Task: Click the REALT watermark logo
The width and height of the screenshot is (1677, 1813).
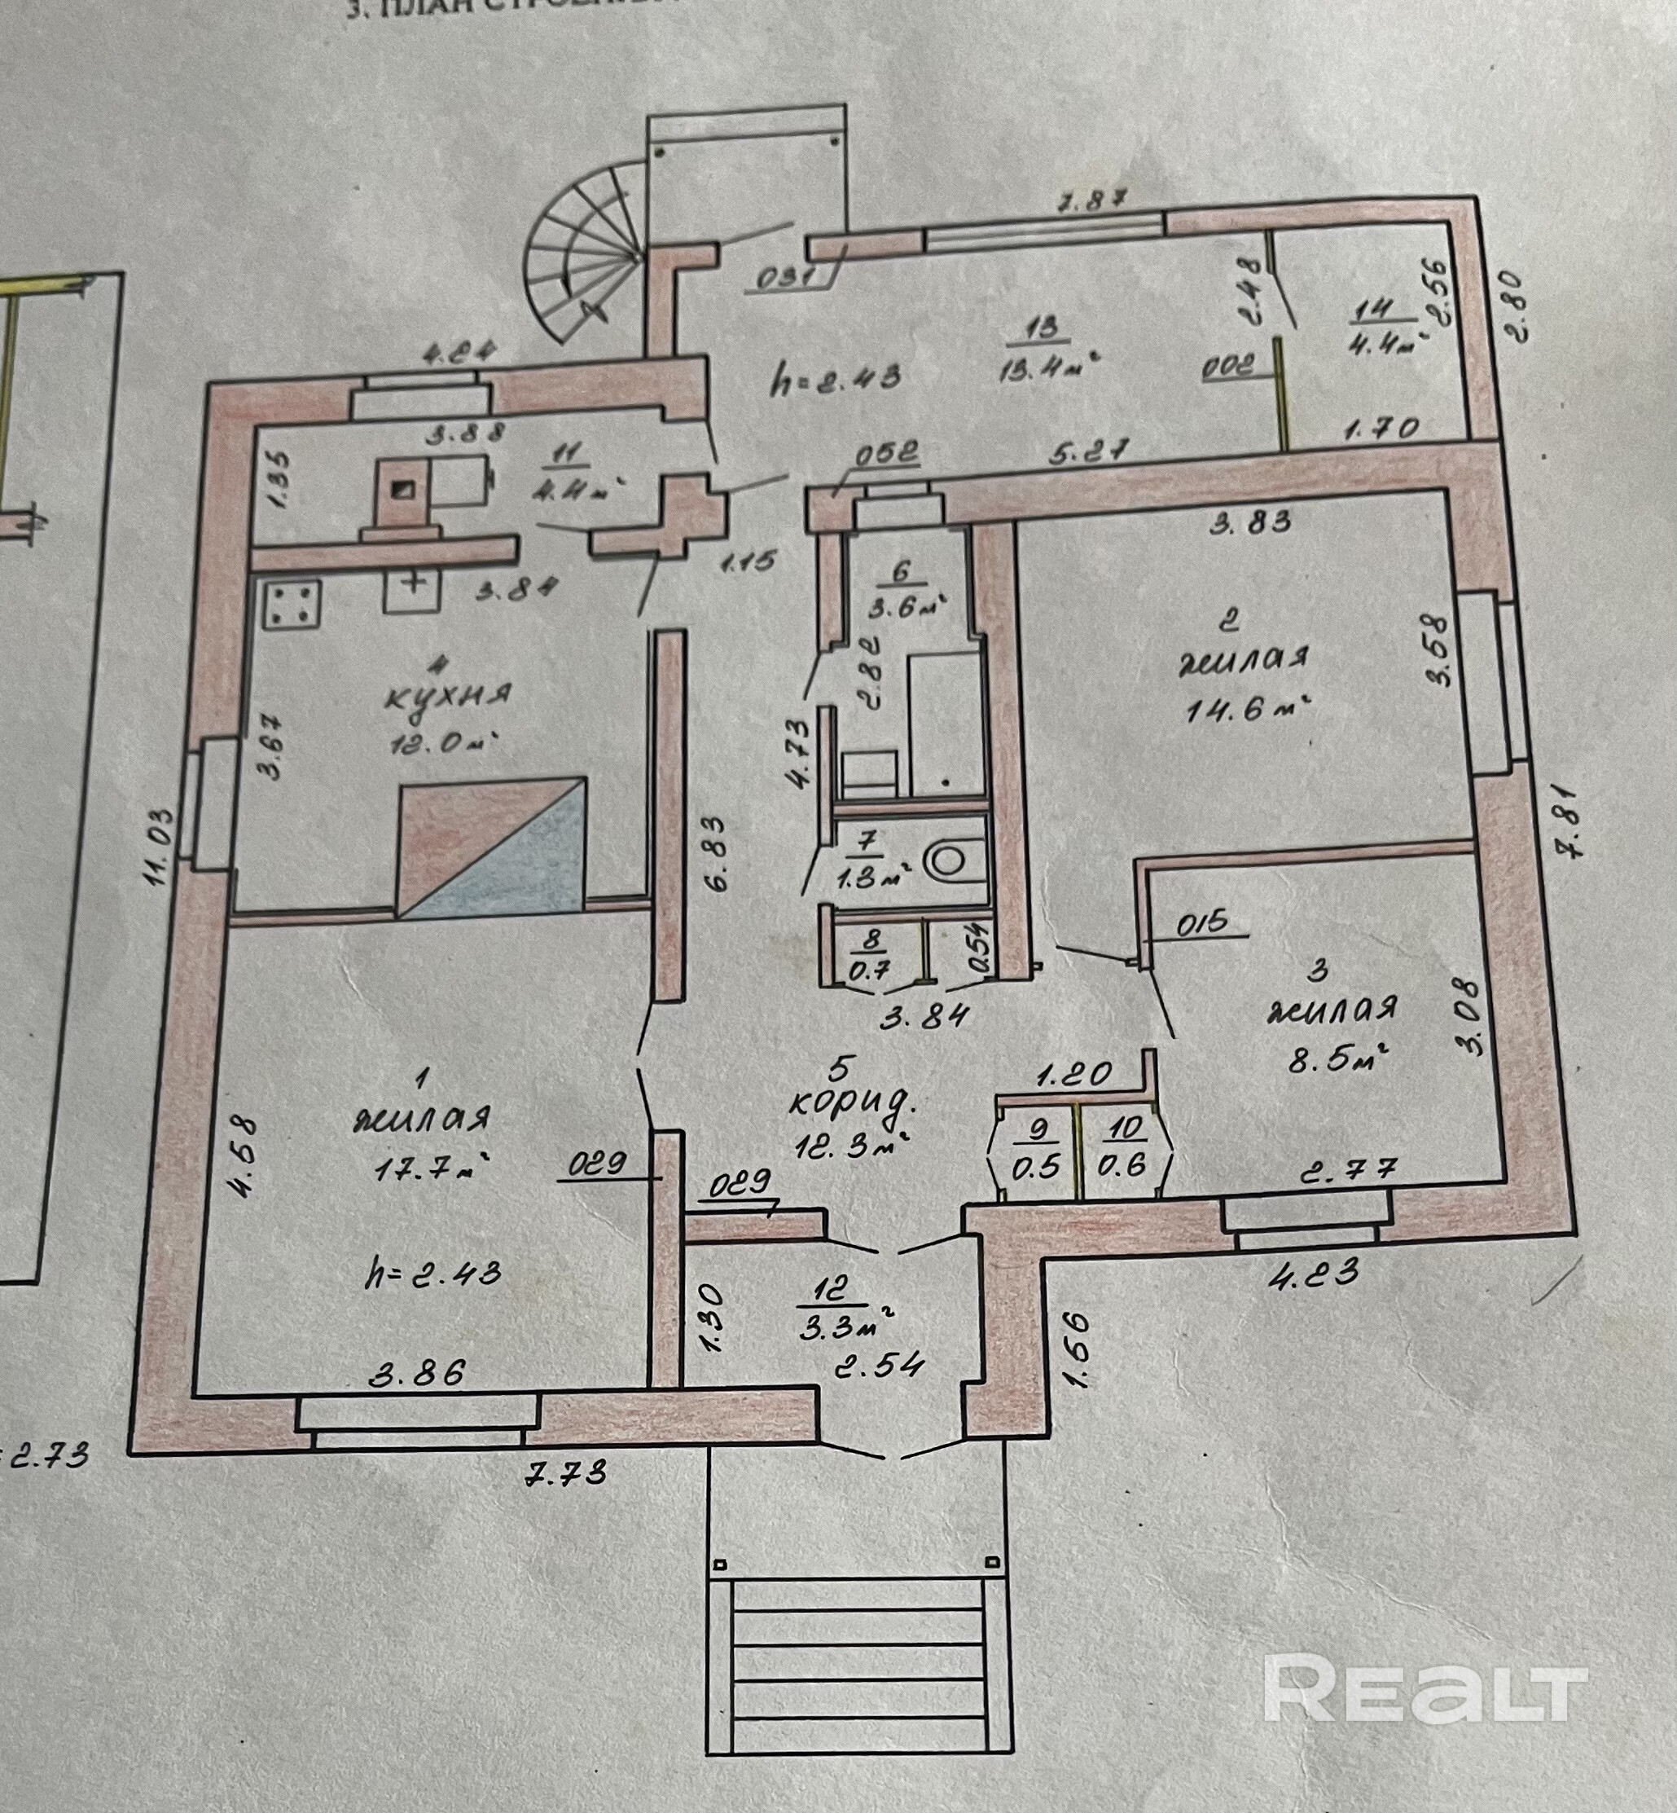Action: click(1425, 1688)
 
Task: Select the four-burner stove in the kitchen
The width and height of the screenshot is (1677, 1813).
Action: click(292, 605)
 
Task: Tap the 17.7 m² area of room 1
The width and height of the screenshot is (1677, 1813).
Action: click(432, 1168)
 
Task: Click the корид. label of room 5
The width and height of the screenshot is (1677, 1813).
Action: click(850, 1103)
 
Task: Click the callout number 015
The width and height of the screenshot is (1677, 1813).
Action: click(1203, 922)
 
